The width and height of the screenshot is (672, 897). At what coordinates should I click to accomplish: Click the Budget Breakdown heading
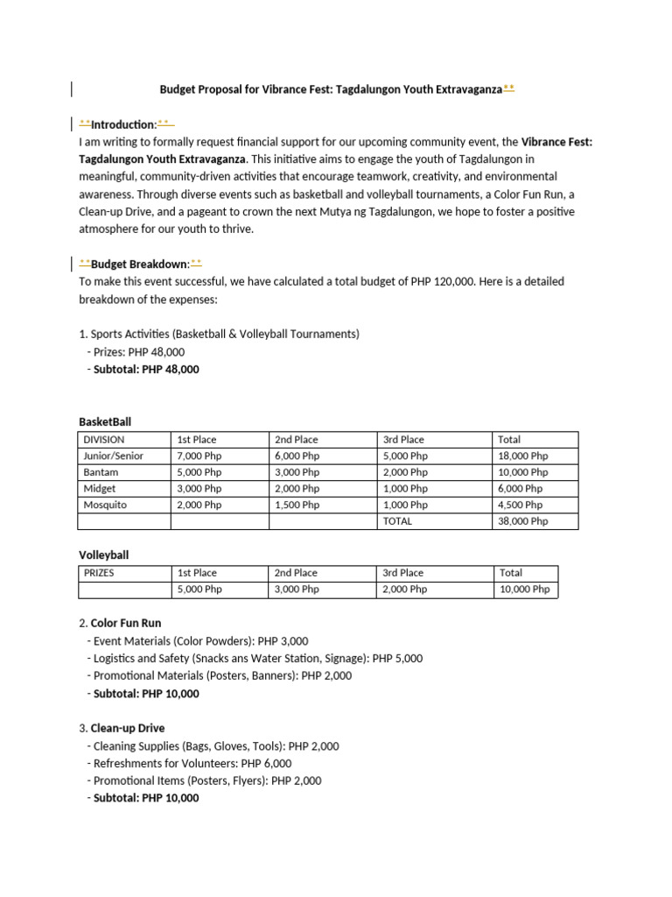(140, 264)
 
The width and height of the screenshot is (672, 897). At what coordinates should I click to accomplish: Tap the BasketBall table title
(105, 421)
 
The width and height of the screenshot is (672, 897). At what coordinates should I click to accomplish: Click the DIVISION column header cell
(104, 440)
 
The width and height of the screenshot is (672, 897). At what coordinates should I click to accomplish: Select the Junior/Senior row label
(114, 456)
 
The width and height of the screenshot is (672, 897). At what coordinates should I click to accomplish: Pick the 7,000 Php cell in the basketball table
(199, 456)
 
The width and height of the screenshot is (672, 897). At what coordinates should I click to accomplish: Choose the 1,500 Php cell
(297, 505)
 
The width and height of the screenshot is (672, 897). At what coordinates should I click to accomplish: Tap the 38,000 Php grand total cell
(523, 520)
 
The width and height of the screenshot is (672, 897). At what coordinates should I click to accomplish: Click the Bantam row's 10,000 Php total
(523, 472)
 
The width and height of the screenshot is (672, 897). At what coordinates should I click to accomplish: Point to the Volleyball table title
(104, 554)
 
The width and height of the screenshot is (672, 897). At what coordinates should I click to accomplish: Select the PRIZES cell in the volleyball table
(99, 573)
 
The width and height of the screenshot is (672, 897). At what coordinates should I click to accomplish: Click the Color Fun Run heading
(126, 624)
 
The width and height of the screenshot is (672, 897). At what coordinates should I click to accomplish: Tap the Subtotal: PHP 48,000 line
(146, 369)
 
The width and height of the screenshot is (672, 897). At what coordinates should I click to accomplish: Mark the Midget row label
(99, 488)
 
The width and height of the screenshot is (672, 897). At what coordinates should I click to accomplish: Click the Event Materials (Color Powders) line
(200, 641)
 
